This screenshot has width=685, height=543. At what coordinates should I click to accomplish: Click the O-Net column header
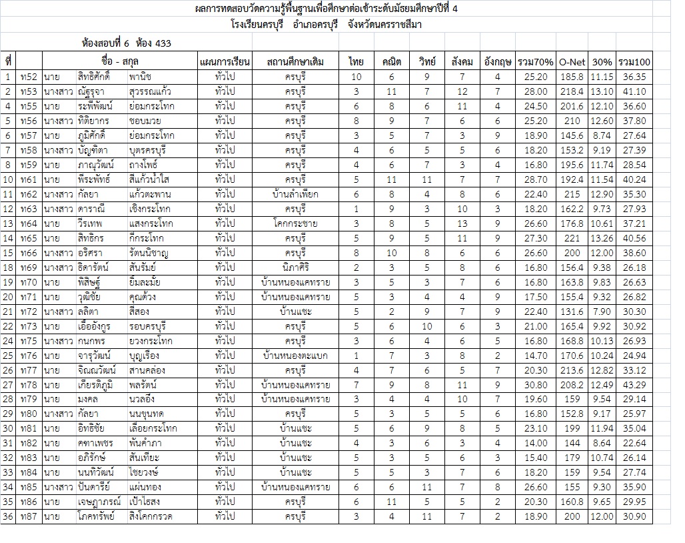[x=571, y=62]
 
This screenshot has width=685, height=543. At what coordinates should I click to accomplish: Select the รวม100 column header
[x=634, y=62]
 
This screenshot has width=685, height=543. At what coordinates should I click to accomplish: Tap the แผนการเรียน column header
[x=224, y=62]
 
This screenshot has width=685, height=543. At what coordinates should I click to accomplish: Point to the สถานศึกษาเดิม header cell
[x=295, y=62]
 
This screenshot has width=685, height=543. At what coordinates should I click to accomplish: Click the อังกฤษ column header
[x=498, y=62]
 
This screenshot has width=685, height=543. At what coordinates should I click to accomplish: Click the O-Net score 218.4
[x=571, y=91]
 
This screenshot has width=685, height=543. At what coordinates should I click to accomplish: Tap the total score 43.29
[x=634, y=385]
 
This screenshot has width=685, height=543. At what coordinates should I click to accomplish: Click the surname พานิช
[x=142, y=77]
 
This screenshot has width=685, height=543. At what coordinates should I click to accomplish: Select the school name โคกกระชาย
[x=295, y=223]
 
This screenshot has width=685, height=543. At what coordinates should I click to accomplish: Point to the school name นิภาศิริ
[x=295, y=267]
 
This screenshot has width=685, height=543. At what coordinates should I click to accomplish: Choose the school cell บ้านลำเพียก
[x=295, y=194]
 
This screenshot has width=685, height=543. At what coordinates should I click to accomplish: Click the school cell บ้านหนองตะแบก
[x=295, y=356]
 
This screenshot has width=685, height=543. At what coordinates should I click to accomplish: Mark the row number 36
[x=8, y=517]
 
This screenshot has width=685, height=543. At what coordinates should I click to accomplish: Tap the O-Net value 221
[x=571, y=238]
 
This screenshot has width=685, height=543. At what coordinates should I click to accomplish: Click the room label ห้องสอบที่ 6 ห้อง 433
[x=126, y=44]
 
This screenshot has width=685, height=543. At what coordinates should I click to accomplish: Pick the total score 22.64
[x=634, y=444]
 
